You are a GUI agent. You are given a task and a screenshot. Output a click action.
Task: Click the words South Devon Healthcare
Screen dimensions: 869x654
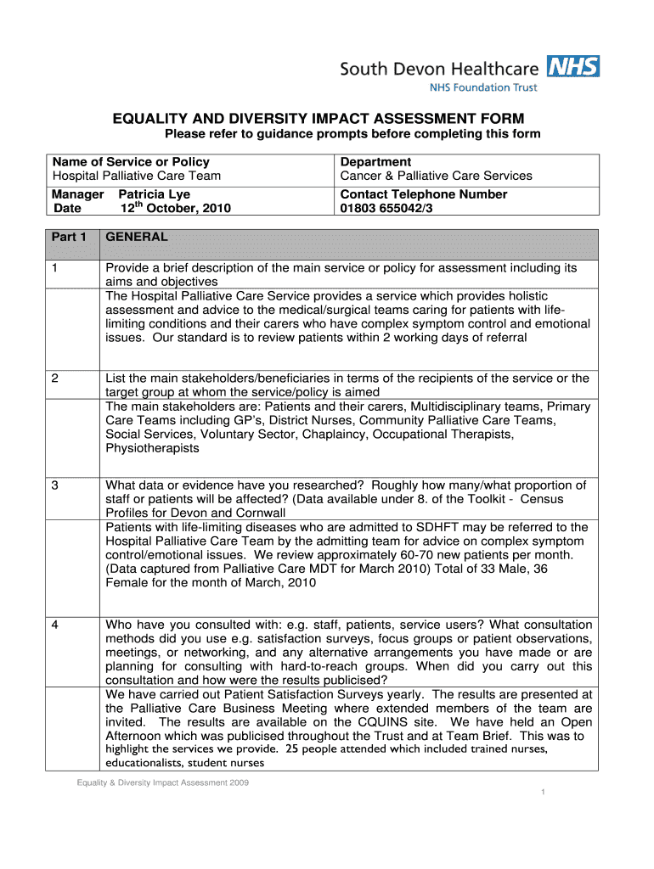pyautogui.click(x=439, y=68)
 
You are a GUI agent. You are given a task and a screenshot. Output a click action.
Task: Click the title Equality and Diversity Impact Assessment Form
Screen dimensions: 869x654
pyautogui.click(x=319, y=118)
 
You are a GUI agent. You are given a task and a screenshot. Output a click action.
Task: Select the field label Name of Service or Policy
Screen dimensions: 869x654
pyautogui.click(x=131, y=161)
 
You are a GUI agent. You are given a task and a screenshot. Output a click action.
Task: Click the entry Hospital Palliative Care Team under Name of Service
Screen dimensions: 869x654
pyautogui.click(x=137, y=176)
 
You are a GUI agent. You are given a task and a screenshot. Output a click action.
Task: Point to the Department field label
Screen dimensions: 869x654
pyautogui.click(x=375, y=161)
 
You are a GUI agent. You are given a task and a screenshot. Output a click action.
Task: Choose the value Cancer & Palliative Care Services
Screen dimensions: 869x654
pyautogui.click(x=436, y=176)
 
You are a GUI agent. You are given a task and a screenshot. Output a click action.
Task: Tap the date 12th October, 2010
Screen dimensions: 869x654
pyautogui.click(x=169, y=208)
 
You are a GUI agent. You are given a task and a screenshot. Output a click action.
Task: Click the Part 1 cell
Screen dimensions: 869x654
pyautogui.click(x=70, y=237)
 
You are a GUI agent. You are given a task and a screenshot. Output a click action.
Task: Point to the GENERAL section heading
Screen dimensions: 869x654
pyautogui.click(x=136, y=237)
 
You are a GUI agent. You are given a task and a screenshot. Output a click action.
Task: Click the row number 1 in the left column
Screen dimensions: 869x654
pyautogui.click(x=54, y=268)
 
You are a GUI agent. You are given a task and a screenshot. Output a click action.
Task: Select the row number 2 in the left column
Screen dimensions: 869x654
pyautogui.click(x=54, y=378)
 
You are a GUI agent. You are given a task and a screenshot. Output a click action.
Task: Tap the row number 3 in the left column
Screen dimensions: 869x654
pyautogui.click(x=54, y=485)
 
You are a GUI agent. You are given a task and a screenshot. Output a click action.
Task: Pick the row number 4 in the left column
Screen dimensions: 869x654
pyautogui.click(x=54, y=625)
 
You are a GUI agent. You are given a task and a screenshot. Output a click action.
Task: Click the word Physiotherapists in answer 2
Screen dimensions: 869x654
pyautogui.click(x=152, y=448)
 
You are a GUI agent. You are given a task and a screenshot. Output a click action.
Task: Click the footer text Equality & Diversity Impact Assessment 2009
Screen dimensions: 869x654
pyautogui.click(x=160, y=782)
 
